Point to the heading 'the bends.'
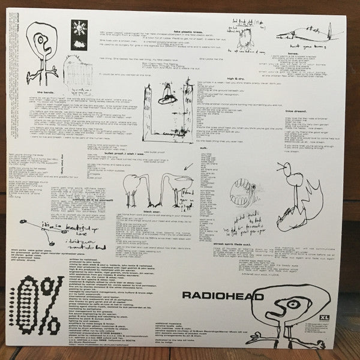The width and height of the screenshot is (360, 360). point(46,92)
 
